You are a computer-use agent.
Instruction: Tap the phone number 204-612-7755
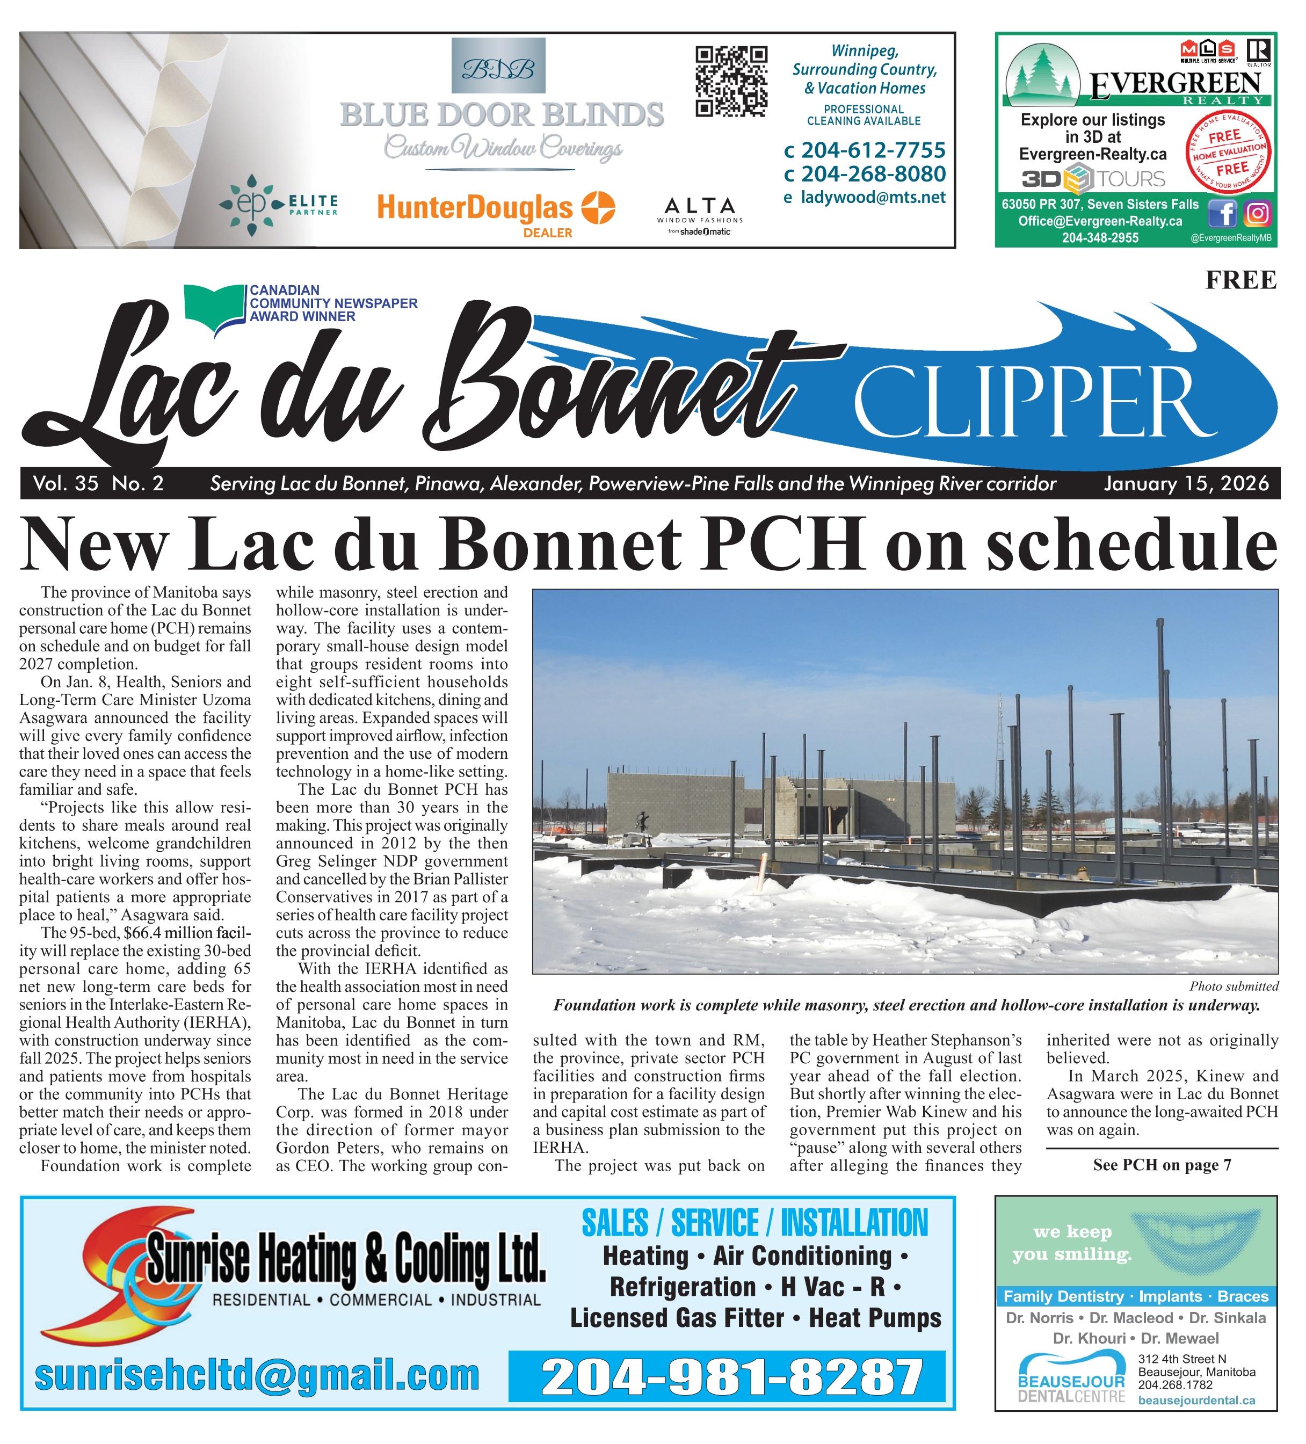point(873,150)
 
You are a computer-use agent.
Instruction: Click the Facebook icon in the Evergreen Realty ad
point(1223,213)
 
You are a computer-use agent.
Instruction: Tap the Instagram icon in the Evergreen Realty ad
point(1257,213)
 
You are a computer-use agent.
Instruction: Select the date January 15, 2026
point(1186,484)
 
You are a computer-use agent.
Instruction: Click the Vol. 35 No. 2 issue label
point(98,484)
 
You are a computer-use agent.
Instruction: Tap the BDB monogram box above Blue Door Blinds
point(498,67)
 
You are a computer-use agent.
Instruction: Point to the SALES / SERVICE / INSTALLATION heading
point(754,1223)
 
